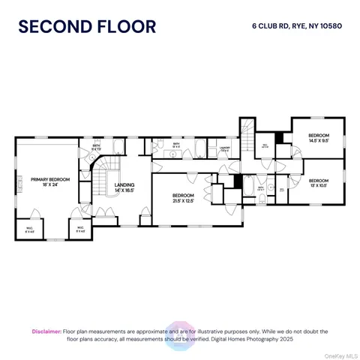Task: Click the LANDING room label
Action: click(x=124, y=187)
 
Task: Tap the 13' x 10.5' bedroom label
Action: click(x=319, y=182)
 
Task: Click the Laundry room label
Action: click(x=223, y=149)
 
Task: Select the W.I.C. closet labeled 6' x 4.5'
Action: click(x=29, y=230)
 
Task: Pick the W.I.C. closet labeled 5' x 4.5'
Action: click(x=80, y=230)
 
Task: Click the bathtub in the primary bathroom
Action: click(x=120, y=147)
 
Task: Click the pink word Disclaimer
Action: click(x=46, y=331)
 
